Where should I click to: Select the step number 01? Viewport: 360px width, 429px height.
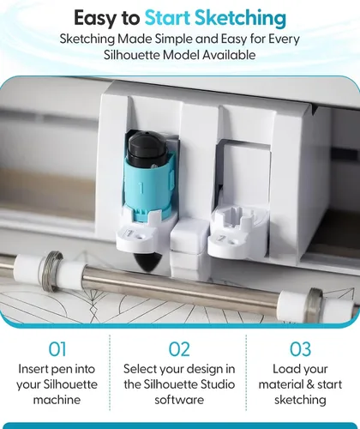point(57,349)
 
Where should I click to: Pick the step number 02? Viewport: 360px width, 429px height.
point(179,349)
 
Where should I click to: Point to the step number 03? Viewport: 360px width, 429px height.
point(300,349)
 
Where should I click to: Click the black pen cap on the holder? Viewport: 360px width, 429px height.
point(147,148)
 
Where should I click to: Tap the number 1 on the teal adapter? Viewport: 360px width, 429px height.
point(141,188)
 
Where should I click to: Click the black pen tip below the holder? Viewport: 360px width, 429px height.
point(148,262)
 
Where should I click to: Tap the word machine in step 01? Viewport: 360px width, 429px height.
point(57,400)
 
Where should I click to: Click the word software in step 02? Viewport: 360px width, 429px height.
point(179,400)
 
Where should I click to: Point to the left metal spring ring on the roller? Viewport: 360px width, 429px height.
point(53,270)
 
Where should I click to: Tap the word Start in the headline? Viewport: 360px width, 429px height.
point(167,18)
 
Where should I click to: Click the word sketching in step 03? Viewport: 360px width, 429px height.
point(300,400)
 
